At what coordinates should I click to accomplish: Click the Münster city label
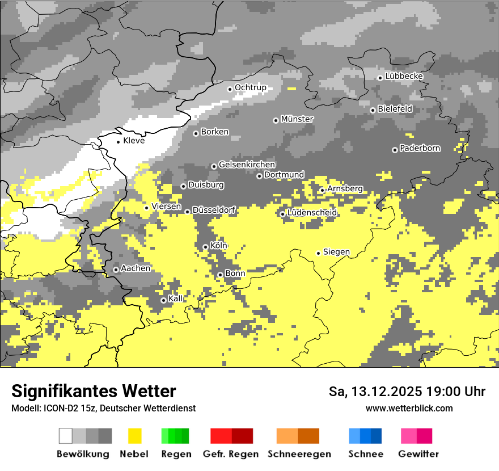pyautogui.click(x=297, y=119)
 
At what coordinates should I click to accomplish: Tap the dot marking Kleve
pyautogui.click(x=118, y=141)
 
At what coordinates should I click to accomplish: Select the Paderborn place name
pyautogui.click(x=420, y=149)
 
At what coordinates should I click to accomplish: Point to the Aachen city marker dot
pyautogui.click(x=116, y=270)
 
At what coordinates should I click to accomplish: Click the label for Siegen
pyautogui.click(x=336, y=252)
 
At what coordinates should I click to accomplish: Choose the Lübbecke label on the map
pyautogui.click(x=404, y=76)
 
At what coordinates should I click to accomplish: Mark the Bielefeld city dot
pyautogui.click(x=373, y=110)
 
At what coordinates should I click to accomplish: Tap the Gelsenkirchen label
pyautogui.click(x=247, y=165)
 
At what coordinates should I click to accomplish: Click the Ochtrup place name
pyautogui.click(x=251, y=87)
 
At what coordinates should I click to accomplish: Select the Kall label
pyautogui.click(x=176, y=298)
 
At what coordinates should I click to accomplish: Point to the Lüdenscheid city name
pyautogui.click(x=312, y=213)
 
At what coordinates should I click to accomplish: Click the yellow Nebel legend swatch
pyautogui.click(x=135, y=436)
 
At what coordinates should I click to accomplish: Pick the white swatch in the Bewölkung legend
pyautogui.click(x=66, y=436)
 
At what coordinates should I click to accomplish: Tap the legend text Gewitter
pyautogui.click(x=418, y=454)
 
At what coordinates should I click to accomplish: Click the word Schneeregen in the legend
pyautogui.click(x=299, y=454)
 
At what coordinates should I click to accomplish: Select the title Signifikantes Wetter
pyautogui.click(x=94, y=391)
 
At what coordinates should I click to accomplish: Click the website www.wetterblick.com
pyautogui.click(x=409, y=408)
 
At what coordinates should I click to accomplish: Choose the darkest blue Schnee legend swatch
pyautogui.click(x=377, y=436)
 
